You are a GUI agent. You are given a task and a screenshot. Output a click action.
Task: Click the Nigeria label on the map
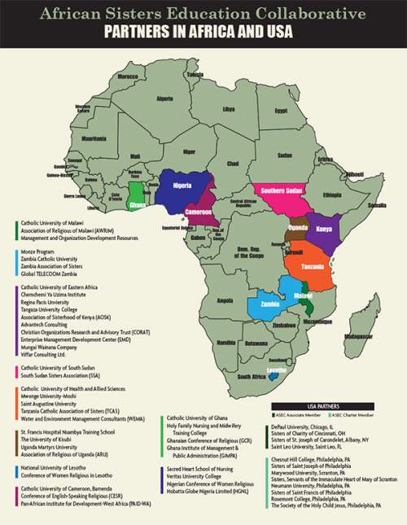tap(182, 186)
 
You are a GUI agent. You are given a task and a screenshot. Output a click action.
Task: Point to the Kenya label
tap(323, 229)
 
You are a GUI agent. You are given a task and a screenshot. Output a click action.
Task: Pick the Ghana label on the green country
tap(139, 205)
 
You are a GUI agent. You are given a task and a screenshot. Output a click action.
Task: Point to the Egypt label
tap(281, 110)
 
